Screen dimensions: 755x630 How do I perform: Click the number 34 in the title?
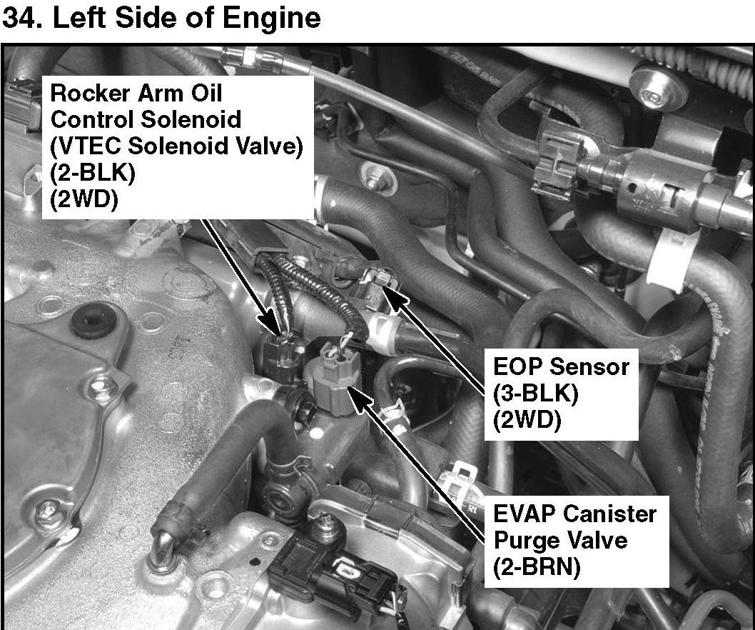(x=20, y=19)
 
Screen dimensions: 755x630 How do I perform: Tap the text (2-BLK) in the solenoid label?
(x=93, y=173)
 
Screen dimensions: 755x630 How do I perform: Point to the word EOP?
(x=517, y=367)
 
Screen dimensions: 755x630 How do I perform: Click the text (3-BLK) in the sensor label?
(x=535, y=394)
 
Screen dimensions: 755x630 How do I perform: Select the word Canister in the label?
(x=608, y=514)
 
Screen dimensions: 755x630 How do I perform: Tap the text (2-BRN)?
(x=537, y=566)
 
